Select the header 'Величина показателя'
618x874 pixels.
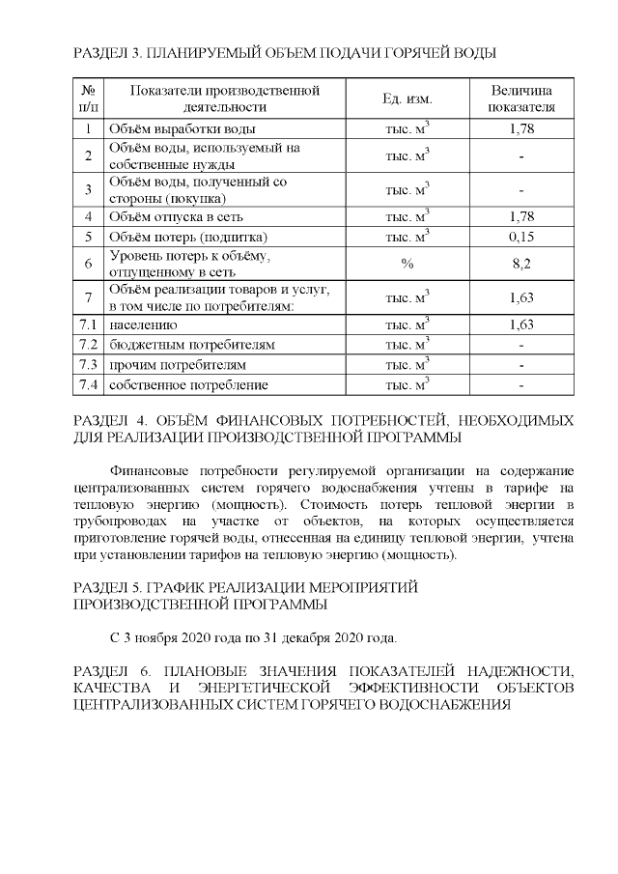(x=521, y=99)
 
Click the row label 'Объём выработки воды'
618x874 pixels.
(x=183, y=128)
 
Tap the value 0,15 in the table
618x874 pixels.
(x=521, y=236)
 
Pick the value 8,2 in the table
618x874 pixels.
(x=521, y=263)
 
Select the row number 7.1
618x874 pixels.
(x=88, y=324)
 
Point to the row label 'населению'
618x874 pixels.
(x=143, y=324)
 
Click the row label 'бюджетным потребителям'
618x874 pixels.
(x=192, y=345)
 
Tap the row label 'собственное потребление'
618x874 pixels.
(x=188, y=385)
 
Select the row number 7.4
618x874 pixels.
(x=88, y=385)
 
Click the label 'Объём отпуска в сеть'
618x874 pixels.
(x=179, y=216)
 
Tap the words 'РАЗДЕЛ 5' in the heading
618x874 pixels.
(x=105, y=587)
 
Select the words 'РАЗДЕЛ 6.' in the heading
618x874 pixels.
(x=108, y=670)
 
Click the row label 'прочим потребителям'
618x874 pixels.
(x=178, y=365)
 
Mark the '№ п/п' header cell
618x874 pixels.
(x=88, y=99)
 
